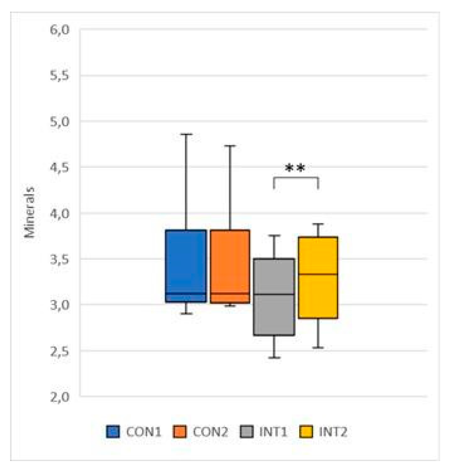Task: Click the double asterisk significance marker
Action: point(295,168)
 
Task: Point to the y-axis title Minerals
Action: point(30,212)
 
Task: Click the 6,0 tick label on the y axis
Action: point(60,30)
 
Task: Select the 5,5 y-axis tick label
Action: point(60,75)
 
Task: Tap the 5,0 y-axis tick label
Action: point(60,121)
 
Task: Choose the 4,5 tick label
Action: point(60,167)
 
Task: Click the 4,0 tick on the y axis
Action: point(60,213)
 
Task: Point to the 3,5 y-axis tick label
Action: point(60,259)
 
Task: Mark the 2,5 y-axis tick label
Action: point(60,351)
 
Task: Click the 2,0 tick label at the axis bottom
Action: point(60,396)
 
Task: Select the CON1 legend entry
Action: point(134,432)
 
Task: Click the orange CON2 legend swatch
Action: point(180,432)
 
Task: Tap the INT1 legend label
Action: point(273,432)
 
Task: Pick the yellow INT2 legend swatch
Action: point(306,432)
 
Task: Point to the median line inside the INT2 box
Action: point(318,274)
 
